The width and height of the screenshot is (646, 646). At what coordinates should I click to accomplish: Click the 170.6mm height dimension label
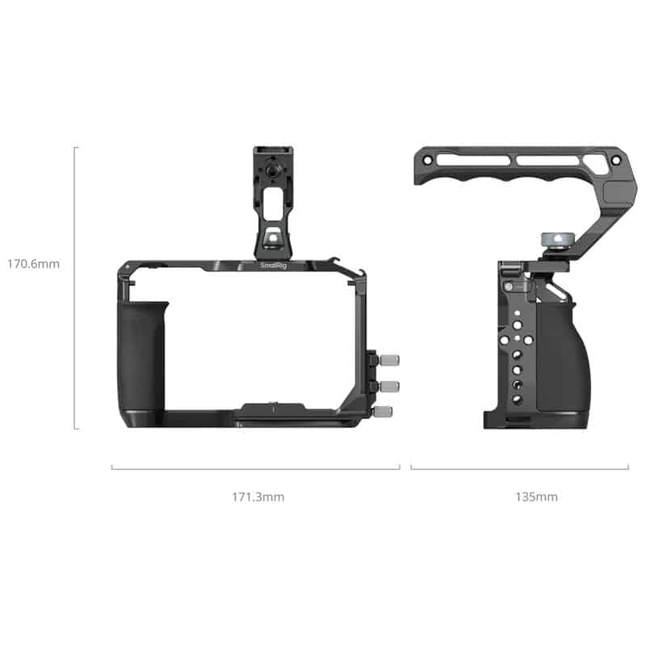[33, 263]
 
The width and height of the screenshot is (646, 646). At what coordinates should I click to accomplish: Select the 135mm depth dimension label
[536, 497]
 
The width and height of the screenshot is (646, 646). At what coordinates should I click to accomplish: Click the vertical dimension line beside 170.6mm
[75, 287]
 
